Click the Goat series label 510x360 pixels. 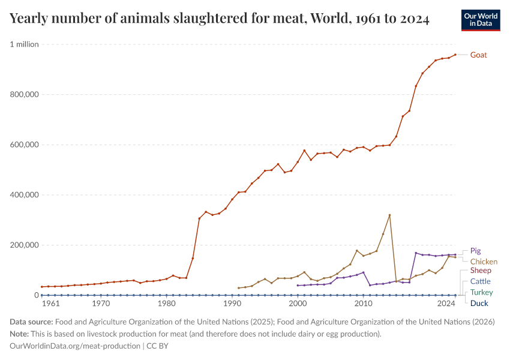pos(478,55)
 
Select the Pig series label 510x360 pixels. pos(475,251)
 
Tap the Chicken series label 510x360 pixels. pos(484,262)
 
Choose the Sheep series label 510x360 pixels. pos(481,271)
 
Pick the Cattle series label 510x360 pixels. pos(480,281)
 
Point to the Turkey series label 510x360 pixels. pos(481,292)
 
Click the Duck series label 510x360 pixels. pos(479,303)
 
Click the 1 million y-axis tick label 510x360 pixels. pos(24,44)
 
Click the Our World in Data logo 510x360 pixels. pos(481,20)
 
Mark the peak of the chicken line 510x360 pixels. pos(389,215)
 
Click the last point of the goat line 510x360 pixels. pos(455,55)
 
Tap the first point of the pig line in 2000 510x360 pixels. pos(298,286)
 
